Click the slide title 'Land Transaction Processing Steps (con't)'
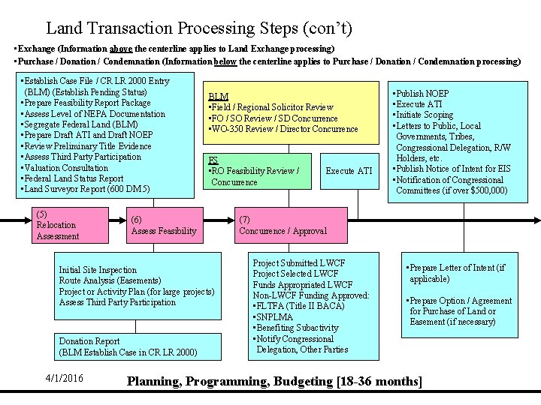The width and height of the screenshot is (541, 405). click(x=198, y=28)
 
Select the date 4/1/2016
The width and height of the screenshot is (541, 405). click(x=65, y=378)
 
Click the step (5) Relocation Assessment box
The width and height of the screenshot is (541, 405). click(x=67, y=225)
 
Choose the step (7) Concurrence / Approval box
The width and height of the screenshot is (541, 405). click(x=283, y=225)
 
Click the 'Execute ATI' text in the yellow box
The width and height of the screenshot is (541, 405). click(x=349, y=171)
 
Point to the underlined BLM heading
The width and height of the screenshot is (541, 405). click(x=218, y=97)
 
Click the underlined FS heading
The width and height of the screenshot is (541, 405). click(x=213, y=160)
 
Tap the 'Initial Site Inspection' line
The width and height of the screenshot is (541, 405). click(x=98, y=270)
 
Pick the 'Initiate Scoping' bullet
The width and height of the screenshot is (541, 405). click(x=425, y=115)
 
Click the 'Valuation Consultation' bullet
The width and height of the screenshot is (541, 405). click(x=66, y=168)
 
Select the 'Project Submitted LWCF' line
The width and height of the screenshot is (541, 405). click(x=299, y=263)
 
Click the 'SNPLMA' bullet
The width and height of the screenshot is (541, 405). click(x=275, y=317)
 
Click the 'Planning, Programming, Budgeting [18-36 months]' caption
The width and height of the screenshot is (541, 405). click(x=274, y=382)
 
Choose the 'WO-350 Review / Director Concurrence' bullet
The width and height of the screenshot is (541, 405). click(x=285, y=129)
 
